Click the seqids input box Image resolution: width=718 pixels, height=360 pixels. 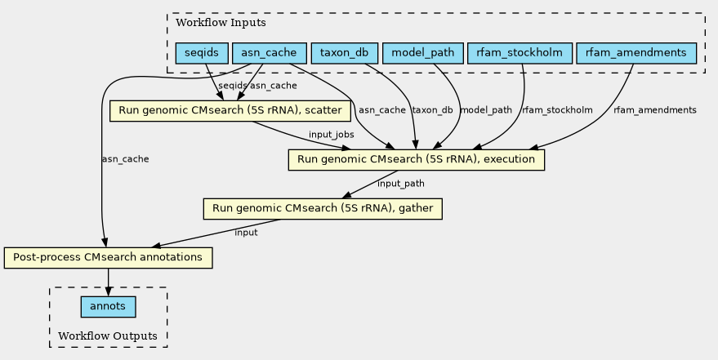(202, 53)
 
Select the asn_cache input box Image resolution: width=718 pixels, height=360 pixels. (270, 53)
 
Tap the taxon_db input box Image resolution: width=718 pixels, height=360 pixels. (345, 53)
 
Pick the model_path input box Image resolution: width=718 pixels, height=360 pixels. (422, 53)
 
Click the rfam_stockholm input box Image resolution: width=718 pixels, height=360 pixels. (520, 53)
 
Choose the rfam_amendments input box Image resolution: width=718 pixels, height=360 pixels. (636, 53)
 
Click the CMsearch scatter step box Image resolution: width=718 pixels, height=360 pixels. (230, 111)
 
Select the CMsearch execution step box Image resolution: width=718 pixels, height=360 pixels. (417, 160)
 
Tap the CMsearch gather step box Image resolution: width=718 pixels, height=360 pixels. (323, 209)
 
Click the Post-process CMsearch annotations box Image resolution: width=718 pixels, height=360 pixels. (108, 257)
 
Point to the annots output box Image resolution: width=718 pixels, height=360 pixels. (108, 306)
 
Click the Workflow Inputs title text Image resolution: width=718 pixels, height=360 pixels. (221, 22)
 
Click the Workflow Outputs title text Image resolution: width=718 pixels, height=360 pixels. (108, 336)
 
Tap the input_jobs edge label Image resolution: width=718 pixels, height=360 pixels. (331, 135)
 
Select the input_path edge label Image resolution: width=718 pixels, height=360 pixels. (401, 184)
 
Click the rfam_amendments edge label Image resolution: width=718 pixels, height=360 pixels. (655, 110)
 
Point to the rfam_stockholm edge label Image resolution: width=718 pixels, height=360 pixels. (557, 110)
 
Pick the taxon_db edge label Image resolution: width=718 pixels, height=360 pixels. (432, 110)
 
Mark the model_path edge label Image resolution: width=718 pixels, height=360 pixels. (486, 110)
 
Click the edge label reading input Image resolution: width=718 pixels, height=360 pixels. (247, 233)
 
